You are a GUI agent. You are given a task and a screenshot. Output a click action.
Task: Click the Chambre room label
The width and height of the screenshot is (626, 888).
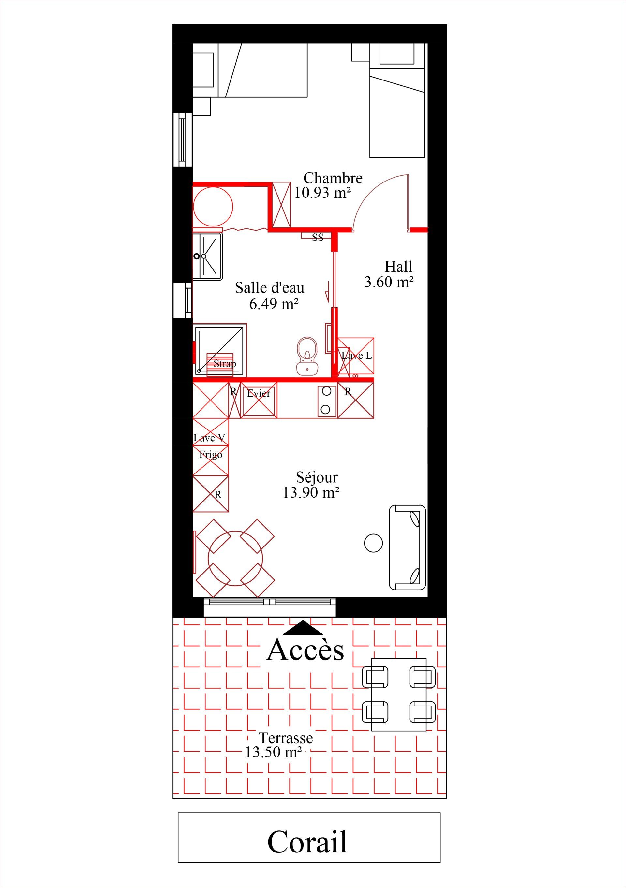click(x=333, y=178)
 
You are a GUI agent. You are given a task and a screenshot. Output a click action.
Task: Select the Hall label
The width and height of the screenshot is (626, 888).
click(x=398, y=267)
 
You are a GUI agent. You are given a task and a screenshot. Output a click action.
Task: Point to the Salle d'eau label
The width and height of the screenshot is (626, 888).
click(x=270, y=288)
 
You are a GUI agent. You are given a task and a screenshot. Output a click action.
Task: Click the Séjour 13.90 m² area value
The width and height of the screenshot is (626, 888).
click(x=311, y=493)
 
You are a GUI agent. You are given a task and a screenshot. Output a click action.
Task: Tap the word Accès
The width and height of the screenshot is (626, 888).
click(x=305, y=649)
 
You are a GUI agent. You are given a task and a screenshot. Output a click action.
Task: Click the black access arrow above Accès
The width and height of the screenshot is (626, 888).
click(x=303, y=628)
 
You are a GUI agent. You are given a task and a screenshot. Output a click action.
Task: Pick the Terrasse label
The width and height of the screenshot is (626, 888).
click(x=286, y=738)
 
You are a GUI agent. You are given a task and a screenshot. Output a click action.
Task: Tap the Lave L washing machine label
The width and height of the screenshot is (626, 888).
click(x=356, y=356)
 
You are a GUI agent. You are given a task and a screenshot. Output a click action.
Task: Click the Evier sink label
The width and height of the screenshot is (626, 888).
click(x=259, y=393)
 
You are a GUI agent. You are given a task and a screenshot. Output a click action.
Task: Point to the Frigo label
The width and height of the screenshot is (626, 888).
click(x=211, y=455)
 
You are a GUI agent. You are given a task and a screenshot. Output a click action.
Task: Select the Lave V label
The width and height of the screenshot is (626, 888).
click(x=209, y=438)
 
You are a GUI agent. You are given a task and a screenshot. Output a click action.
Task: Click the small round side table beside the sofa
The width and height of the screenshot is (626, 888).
click(x=373, y=543)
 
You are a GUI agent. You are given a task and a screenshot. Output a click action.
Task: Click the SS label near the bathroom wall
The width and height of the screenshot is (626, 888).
click(x=318, y=238)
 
